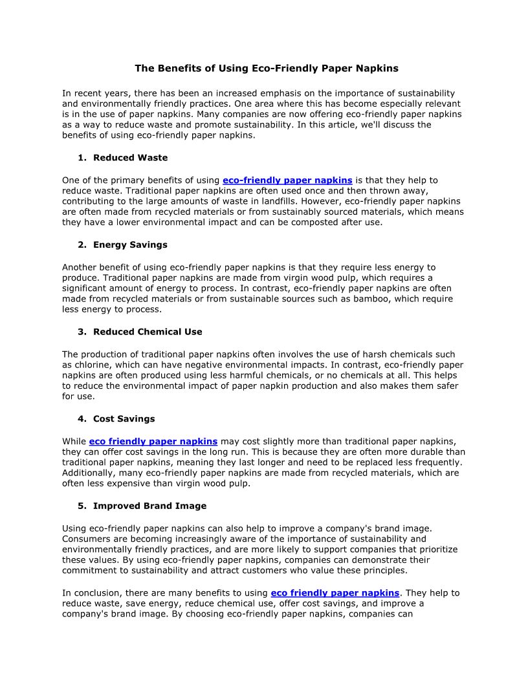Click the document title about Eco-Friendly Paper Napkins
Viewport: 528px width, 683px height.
[x=266, y=68]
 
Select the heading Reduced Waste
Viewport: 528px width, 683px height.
[x=130, y=158]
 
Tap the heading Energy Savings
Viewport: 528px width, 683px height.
[x=130, y=245]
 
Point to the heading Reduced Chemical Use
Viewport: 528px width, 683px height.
[x=148, y=332]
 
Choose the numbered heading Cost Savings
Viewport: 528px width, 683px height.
[x=124, y=419]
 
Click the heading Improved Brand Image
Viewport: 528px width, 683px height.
[x=149, y=506]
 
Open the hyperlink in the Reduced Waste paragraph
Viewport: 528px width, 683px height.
[x=287, y=180]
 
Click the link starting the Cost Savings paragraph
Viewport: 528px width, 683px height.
[x=153, y=442]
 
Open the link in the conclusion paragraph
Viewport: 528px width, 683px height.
[x=335, y=593]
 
